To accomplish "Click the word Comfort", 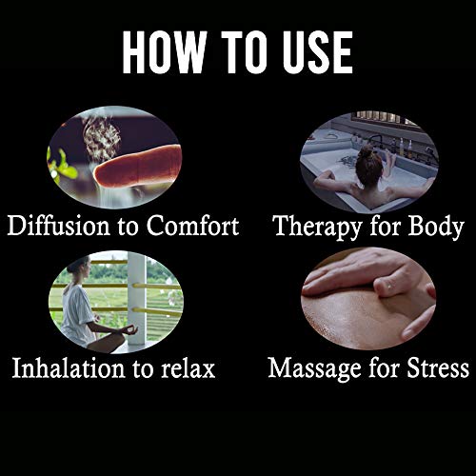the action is tap(192, 226).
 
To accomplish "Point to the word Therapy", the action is tap(317, 228).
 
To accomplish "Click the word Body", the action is tap(436, 228).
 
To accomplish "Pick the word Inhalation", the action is tap(69, 368).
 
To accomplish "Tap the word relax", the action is tap(188, 368).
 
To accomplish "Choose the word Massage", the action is tap(315, 369).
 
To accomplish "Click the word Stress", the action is tap(438, 368).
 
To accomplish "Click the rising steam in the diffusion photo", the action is tap(101, 135).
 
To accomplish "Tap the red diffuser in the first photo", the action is tap(138, 167).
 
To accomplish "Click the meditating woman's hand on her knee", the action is tap(129, 330).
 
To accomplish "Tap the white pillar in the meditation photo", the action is tap(137, 298).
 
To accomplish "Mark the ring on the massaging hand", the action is tap(389, 287).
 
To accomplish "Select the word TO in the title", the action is tap(245, 52).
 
